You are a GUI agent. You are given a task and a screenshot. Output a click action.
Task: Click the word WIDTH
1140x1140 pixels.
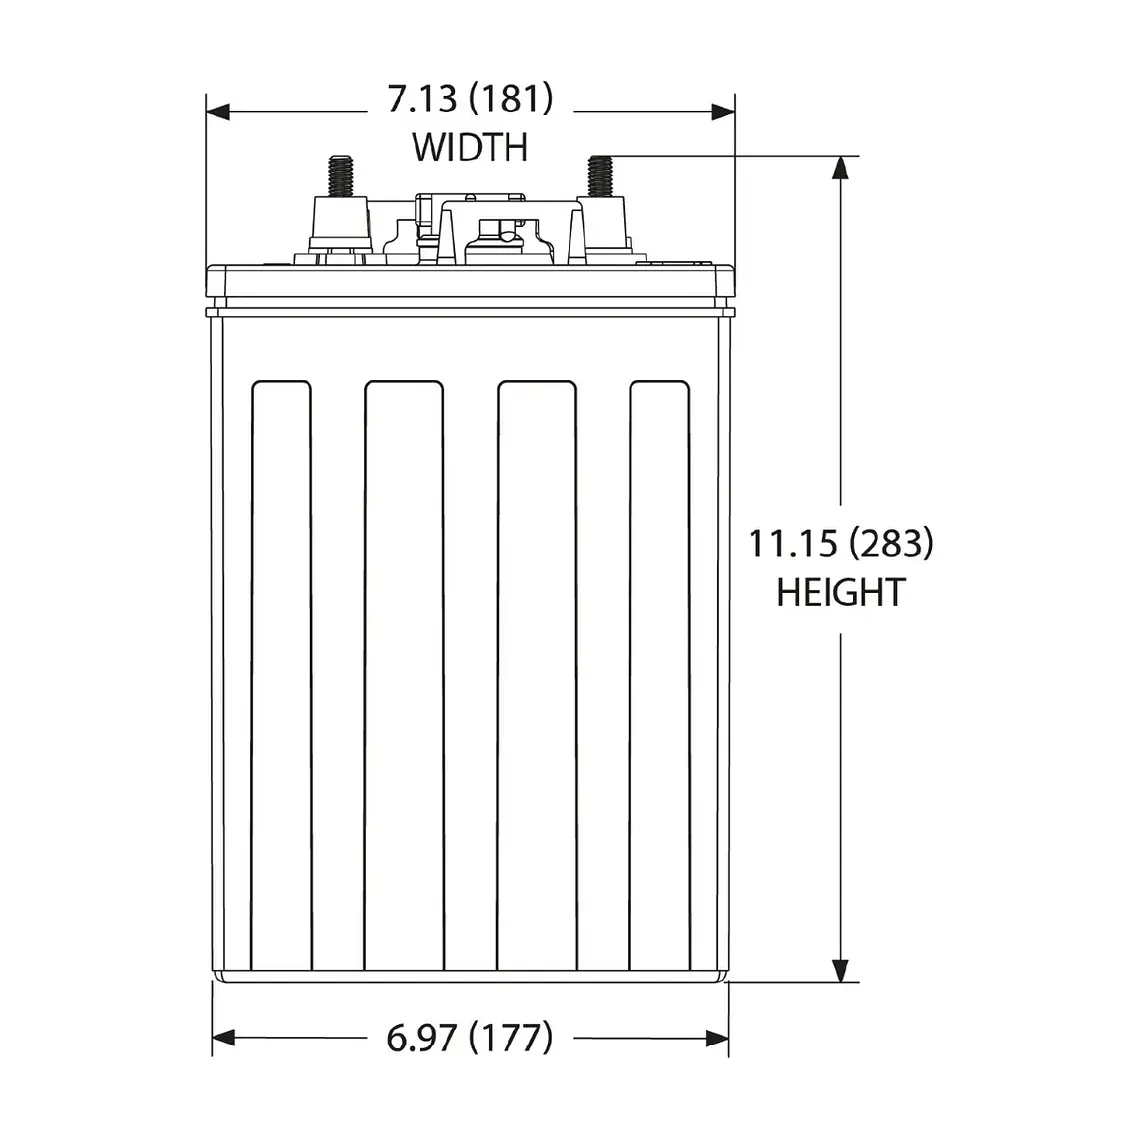point(470,147)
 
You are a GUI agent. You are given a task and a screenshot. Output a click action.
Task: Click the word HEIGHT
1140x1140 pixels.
point(840,592)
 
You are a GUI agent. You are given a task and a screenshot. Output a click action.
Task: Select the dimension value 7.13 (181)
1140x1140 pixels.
point(470,99)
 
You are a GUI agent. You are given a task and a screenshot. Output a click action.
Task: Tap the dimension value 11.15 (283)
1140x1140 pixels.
point(840,544)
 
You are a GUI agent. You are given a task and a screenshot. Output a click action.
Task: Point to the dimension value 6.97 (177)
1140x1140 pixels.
point(469,1038)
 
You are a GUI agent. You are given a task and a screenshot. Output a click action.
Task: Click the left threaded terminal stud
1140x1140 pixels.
point(340,174)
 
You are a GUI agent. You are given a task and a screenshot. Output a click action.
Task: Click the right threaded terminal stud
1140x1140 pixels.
point(601,174)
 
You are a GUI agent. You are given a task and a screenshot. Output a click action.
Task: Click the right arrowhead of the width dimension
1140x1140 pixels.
point(723,112)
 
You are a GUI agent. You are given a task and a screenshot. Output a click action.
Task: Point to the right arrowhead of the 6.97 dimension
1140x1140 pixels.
point(717,1039)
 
